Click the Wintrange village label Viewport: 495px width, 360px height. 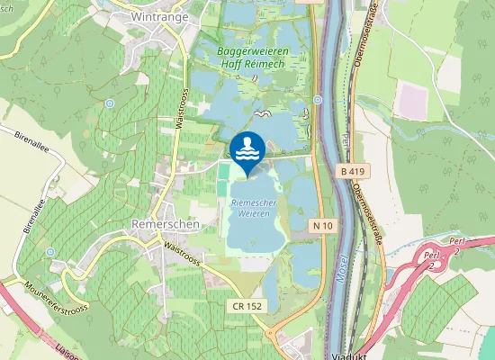coord(159,17)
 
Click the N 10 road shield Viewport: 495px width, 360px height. coord(324,223)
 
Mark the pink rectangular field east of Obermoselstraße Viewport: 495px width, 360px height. coord(415,99)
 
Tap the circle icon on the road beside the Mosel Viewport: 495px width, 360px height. coord(318,100)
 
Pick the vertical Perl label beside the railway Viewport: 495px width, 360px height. coord(346,144)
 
